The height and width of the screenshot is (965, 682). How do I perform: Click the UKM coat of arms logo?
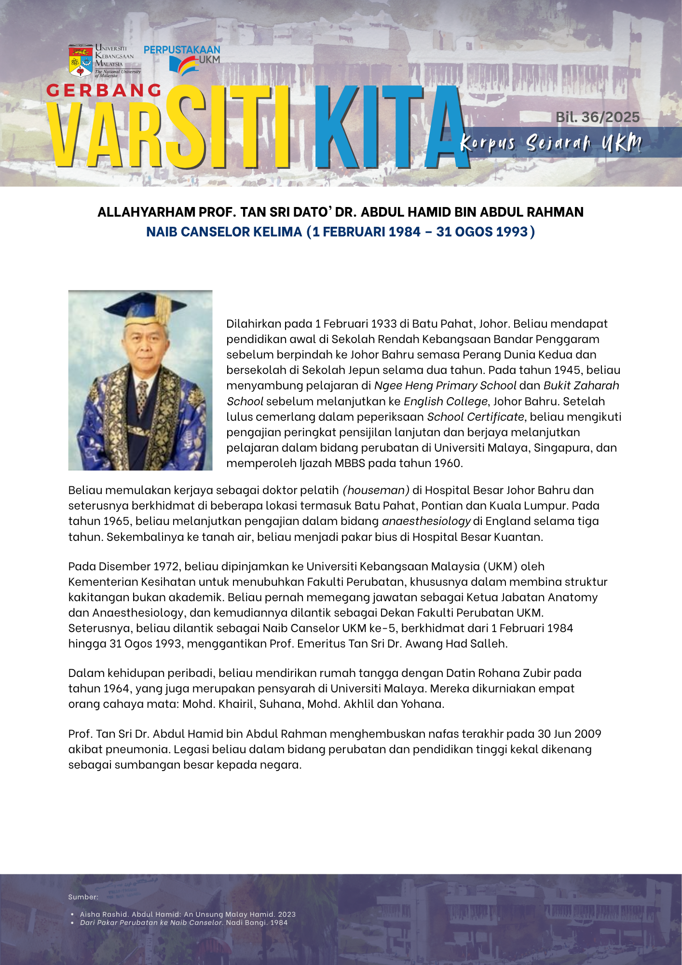point(81,61)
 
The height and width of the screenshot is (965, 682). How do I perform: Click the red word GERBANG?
point(104,90)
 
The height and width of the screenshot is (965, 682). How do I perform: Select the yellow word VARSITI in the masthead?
point(169,128)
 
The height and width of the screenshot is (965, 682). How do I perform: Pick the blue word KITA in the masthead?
point(391,128)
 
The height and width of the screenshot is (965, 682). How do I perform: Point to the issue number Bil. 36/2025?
point(598,117)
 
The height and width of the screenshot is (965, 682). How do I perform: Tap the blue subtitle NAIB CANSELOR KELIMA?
point(224,232)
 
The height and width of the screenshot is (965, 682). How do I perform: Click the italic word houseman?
point(376,490)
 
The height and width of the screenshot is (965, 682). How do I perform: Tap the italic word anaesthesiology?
point(426,521)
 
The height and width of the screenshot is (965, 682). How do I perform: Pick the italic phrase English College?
point(446,401)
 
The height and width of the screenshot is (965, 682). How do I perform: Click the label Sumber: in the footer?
point(83,897)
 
